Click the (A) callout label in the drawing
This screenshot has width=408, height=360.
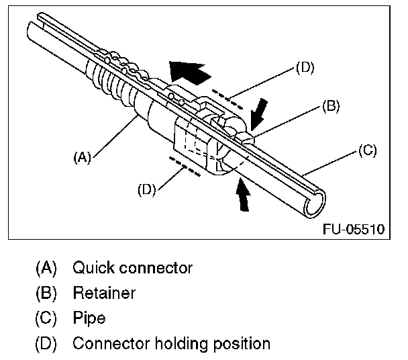click(81, 158)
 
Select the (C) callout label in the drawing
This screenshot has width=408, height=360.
click(366, 150)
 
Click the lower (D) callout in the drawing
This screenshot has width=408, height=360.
click(148, 189)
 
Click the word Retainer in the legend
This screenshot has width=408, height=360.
click(104, 294)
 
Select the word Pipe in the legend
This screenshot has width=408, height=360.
click(89, 318)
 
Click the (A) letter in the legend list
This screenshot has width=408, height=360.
click(46, 268)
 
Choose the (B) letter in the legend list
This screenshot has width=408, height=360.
click(46, 294)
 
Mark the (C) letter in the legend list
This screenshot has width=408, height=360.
click(46, 318)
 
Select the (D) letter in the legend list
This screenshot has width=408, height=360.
click(46, 344)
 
